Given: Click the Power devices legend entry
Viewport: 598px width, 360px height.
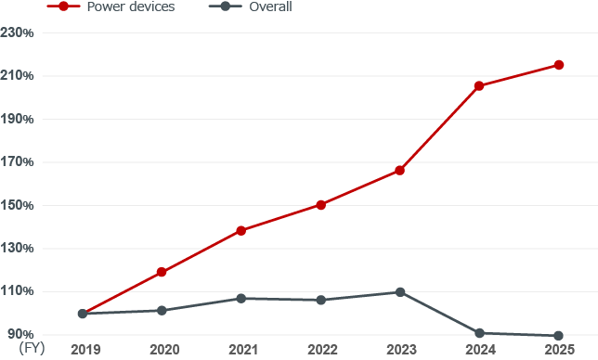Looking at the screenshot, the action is [x=111, y=6].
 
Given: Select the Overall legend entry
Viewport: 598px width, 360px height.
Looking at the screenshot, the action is [x=251, y=6].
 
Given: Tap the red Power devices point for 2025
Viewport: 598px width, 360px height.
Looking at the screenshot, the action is [x=559, y=65].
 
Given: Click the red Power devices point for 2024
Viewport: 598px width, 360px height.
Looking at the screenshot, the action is [x=479, y=86].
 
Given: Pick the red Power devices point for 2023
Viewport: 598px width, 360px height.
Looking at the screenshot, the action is [x=399, y=171].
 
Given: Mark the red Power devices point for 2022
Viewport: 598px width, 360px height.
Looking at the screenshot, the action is [x=321, y=205].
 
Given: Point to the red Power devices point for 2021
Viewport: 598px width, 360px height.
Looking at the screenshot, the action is [x=241, y=230].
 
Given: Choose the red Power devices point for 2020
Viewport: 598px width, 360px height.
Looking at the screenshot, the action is [x=162, y=272].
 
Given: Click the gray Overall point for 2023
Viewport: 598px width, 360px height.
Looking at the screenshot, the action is [x=400, y=292].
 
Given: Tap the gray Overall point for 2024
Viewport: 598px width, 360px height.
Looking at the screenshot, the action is [x=479, y=333].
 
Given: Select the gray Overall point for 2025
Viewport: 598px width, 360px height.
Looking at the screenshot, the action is [x=558, y=336].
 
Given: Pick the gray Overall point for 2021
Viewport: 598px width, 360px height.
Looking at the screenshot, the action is [x=241, y=298].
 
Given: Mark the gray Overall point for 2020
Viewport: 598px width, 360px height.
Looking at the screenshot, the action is [x=162, y=311].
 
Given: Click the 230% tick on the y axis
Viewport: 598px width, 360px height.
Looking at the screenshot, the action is [x=17, y=32].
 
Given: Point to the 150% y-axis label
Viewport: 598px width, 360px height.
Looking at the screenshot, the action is [x=17, y=205].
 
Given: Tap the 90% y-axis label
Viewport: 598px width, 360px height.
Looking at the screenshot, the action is [x=20, y=334].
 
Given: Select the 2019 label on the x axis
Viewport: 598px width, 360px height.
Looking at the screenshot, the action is [x=85, y=350].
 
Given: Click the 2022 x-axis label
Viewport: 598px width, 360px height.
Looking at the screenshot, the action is [x=322, y=350].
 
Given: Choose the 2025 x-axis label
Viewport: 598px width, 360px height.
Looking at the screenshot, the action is [x=560, y=350].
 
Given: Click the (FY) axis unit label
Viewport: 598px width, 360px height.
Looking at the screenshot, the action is [x=32, y=348].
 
